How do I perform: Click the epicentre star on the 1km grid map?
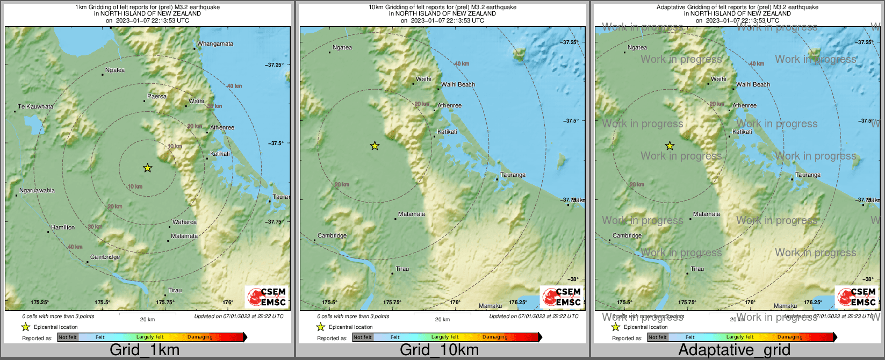point(148,168)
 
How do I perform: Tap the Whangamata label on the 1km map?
point(215,44)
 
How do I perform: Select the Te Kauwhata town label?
point(35,106)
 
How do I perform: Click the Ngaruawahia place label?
point(37,190)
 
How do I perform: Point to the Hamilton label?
point(63,227)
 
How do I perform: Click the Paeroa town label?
point(157,97)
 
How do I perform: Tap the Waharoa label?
point(184,222)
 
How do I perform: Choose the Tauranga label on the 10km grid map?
point(513,175)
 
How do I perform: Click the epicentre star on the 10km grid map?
point(375,146)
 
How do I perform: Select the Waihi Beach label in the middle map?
point(458,84)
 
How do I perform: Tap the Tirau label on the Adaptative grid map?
point(697,269)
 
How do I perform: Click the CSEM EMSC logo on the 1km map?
point(267,297)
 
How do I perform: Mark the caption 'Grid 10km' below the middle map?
point(439,350)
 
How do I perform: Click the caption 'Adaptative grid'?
point(734,350)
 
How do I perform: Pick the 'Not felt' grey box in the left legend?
point(68,337)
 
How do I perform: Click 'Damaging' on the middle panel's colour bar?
point(495,337)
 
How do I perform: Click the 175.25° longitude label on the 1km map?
point(40,303)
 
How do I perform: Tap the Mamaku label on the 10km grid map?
point(490,306)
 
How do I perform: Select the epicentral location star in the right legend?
point(616,327)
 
